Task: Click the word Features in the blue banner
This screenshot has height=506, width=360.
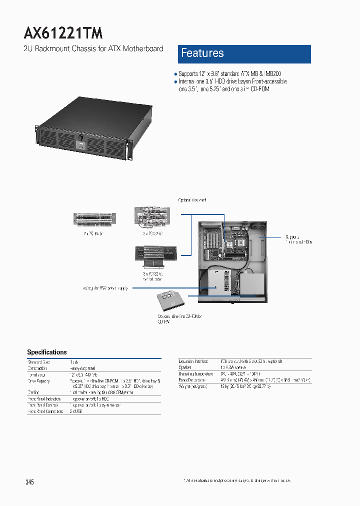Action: click(x=202, y=53)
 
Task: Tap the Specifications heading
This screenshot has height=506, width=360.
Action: click(x=46, y=352)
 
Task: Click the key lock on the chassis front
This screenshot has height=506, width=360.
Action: click(x=80, y=136)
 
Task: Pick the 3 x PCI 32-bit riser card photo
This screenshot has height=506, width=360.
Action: click(x=151, y=216)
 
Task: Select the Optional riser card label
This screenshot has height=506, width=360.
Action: click(x=192, y=200)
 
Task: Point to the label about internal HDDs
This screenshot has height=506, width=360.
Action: click(x=298, y=239)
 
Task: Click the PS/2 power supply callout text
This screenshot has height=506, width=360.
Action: click(x=106, y=288)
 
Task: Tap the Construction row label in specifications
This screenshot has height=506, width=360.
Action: click(x=37, y=368)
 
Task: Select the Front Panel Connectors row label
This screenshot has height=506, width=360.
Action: click(x=45, y=411)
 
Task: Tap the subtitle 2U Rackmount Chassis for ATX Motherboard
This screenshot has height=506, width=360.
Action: click(x=93, y=48)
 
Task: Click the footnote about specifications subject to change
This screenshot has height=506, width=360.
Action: click(x=237, y=480)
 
